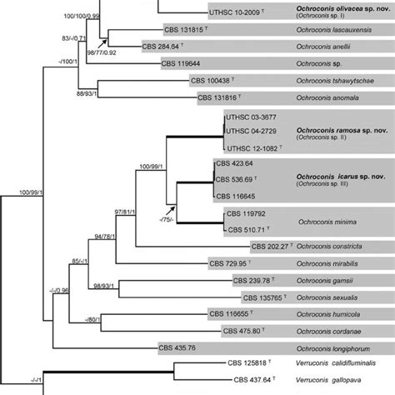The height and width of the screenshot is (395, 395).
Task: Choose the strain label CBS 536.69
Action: pos(237,179)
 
